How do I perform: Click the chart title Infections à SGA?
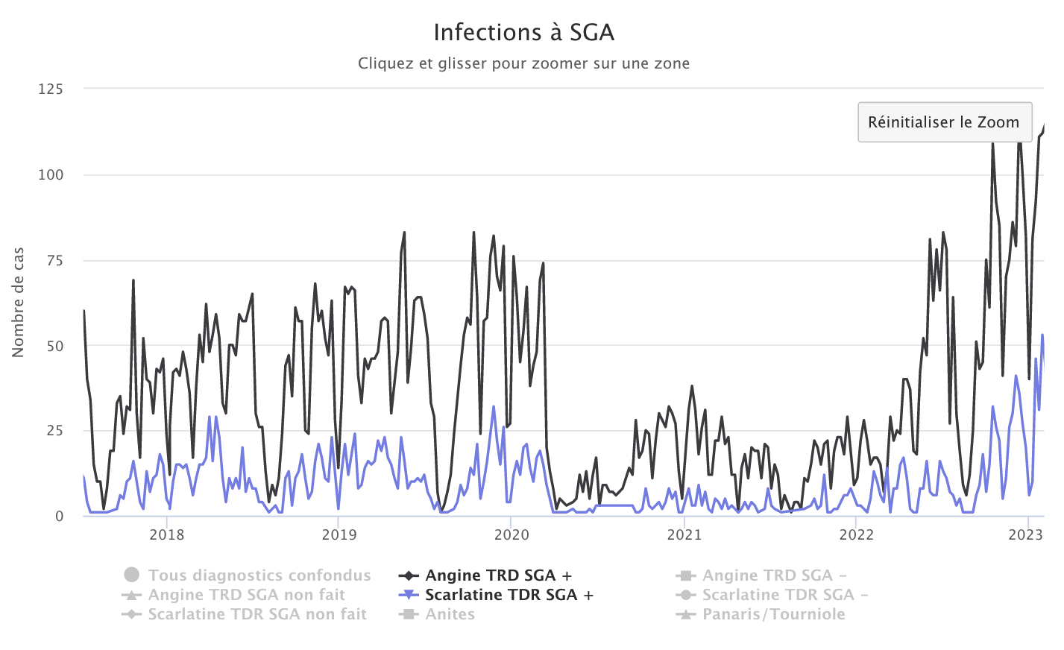pyautogui.click(x=524, y=33)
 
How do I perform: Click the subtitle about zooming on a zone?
pyautogui.click(x=523, y=63)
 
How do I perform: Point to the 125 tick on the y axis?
pyautogui.click(x=51, y=89)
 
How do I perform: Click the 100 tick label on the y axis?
pyautogui.click(x=51, y=175)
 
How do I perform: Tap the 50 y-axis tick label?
pyautogui.click(x=54, y=346)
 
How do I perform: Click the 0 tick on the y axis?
pyautogui.click(x=59, y=517)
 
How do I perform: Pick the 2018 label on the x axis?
pyautogui.click(x=167, y=534)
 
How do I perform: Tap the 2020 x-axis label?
pyautogui.click(x=512, y=534)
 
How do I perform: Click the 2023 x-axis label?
pyautogui.click(x=1025, y=534)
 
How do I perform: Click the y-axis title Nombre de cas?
pyautogui.click(x=19, y=302)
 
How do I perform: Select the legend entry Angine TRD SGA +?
pyautogui.click(x=498, y=575)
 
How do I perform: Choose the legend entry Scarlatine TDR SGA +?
pyautogui.click(x=509, y=595)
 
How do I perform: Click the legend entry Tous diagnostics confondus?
pyautogui.click(x=259, y=575)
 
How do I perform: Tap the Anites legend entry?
pyautogui.click(x=450, y=614)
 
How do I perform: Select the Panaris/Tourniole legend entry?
pyautogui.click(x=773, y=614)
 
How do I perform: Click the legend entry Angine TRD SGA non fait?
pyautogui.click(x=246, y=595)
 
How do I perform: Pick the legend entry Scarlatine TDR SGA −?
pyautogui.click(x=784, y=595)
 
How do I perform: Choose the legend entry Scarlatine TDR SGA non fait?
pyautogui.click(x=256, y=614)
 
